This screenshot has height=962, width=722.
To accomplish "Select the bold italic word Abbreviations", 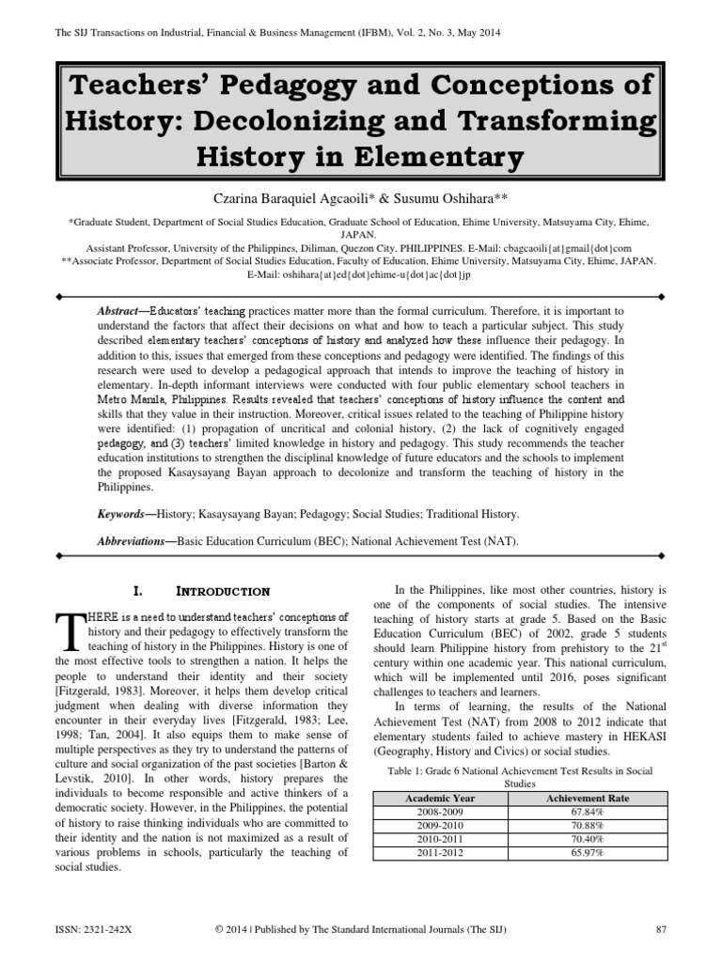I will pyautogui.click(x=134, y=542).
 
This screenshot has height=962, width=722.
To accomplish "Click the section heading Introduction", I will pyautogui.click(x=223, y=592).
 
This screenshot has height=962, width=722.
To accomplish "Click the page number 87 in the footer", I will pyautogui.click(x=659, y=929).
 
